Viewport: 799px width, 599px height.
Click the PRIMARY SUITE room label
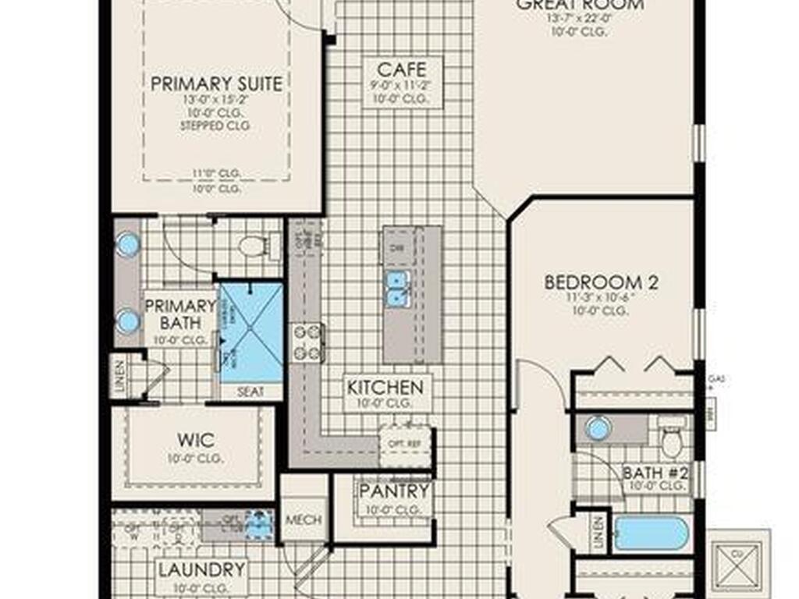coord(216,84)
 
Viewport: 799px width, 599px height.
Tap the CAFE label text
coord(402,70)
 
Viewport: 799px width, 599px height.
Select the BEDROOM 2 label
coord(601,282)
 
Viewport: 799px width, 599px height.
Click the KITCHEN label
coord(385,387)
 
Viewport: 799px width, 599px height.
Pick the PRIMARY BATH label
coord(180,314)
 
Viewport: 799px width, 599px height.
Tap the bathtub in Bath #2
coord(651,534)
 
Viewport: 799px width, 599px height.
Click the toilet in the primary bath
coord(253,246)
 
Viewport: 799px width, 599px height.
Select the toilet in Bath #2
coord(672,439)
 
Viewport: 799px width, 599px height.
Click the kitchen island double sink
coord(398,287)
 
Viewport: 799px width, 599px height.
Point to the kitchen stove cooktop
coord(308,342)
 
